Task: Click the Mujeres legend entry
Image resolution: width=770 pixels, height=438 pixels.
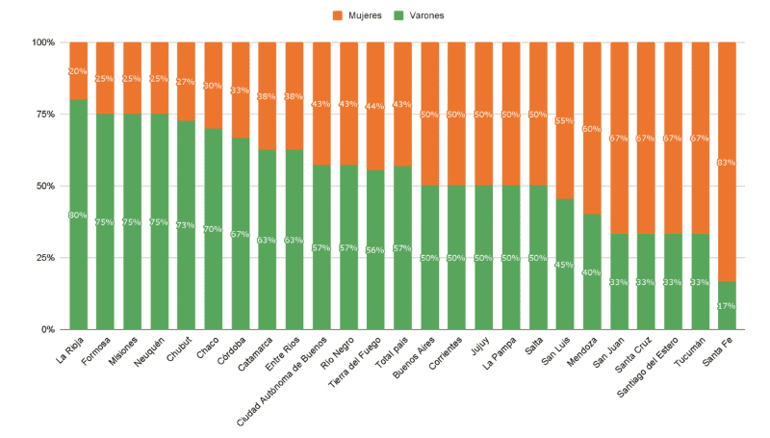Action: tap(357, 15)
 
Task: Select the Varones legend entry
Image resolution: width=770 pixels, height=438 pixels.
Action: tap(418, 15)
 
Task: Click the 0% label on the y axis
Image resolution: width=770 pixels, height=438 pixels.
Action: tap(48, 330)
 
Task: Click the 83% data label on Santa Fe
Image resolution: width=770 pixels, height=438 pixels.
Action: tap(727, 163)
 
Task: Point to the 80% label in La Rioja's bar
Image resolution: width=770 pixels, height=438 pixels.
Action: tap(78, 215)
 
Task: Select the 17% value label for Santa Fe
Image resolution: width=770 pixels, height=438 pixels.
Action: tap(727, 306)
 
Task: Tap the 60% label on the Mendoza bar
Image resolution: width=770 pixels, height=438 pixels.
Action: tap(592, 129)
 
